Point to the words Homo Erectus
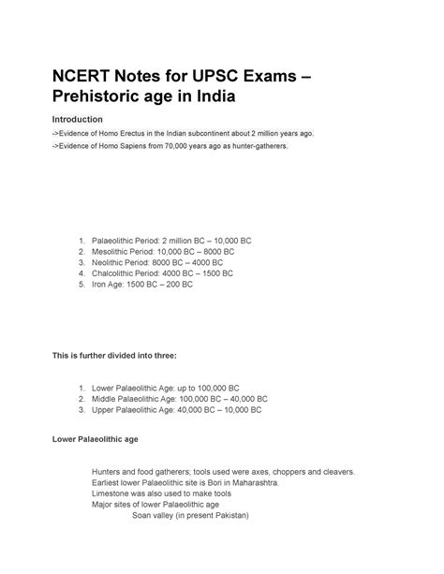[x=123, y=134]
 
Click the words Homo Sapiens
[x=123, y=148]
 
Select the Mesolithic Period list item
[x=164, y=252]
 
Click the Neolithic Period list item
[x=159, y=263]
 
